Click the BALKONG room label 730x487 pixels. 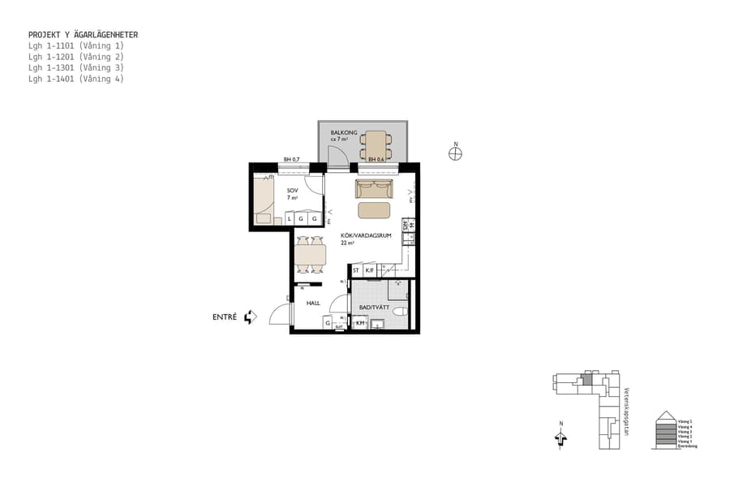pos(343,132)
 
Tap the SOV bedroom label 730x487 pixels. pos(292,191)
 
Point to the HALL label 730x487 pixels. pos(312,303)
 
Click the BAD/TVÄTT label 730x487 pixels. pos(375,307)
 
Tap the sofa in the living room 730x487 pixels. pos(374,189)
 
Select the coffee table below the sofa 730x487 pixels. pos(374,210)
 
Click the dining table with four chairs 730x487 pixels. pos(310,254)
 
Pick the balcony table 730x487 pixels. pos(376,144)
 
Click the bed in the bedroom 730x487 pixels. pos(263,199)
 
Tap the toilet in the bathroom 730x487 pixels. pos(399,312)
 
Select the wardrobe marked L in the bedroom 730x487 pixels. pos(290,219)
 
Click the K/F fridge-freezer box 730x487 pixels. pos(370,270)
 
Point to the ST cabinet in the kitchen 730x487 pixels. pos(356,270)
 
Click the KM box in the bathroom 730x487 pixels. pos(361,323)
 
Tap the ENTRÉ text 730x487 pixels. pos(225,317)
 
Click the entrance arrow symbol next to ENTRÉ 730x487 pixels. pos(250,317)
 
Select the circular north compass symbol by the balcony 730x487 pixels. pos(456,154)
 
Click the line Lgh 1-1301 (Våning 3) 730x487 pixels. pos(75,68)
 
